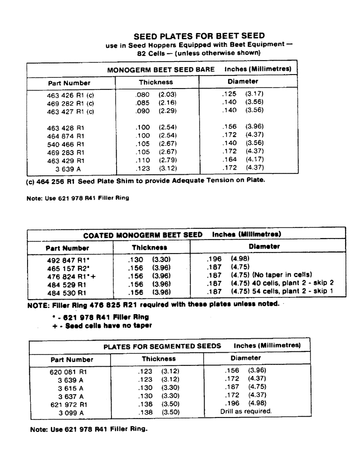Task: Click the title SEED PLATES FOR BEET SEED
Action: click(x=199, y=36)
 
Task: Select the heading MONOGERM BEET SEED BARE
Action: click(x=161, y=69)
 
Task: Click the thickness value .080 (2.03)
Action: click(x=155, y=94)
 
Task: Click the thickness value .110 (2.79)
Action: click(x=155, y=160)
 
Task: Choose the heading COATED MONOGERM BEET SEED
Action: click(x=143, y=234)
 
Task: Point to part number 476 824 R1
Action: click(x=65, y=275)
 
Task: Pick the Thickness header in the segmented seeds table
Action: click(x=159, y=359)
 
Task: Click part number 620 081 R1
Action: click(x=68, y=372)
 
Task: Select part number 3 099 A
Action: click(x=70, y=412)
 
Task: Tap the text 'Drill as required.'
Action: click(x=246, y=412)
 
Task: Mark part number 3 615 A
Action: click(x=70, y=388)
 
